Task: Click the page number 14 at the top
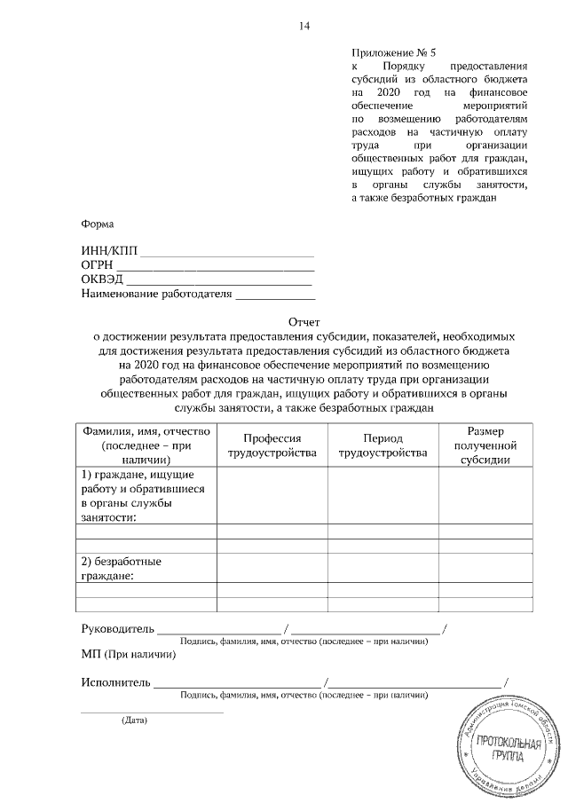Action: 304,26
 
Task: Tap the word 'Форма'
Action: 97,224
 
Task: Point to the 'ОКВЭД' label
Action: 102,279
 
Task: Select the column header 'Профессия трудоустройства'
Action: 272,445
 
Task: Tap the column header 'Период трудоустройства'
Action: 383,445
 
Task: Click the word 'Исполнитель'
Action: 115,682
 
